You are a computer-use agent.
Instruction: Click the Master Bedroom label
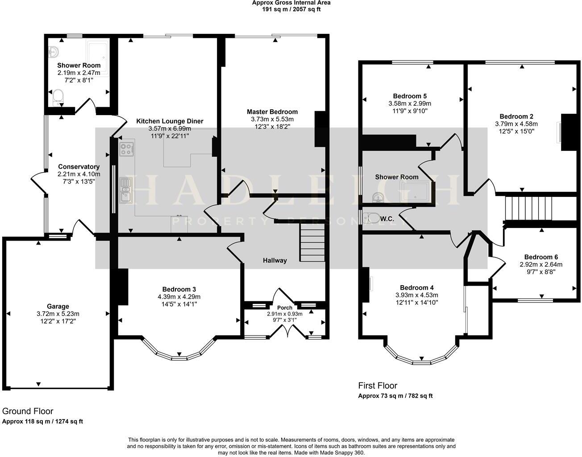(272, 112)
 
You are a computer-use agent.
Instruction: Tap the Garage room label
(58, 306)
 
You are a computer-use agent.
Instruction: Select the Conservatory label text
(72, 166)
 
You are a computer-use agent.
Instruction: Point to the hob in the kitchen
(127, 149)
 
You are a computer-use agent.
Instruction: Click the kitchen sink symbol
(125, 189)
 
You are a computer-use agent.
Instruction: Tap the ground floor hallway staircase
(312, 243)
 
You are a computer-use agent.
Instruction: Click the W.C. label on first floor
(387, 219)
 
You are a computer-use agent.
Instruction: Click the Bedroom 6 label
(541, 257)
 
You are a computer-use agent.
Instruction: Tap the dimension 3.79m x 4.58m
(516, 124)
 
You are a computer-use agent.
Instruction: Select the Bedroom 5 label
(410, 96)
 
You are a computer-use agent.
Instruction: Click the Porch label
(285, 307)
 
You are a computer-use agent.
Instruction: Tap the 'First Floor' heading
(378, 386)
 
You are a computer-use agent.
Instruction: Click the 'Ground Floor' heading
(28, 411)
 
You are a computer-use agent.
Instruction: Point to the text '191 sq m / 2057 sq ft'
(291, 9)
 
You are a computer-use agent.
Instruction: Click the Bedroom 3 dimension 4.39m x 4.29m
(179, 297)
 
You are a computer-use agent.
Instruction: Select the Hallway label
(274, 260)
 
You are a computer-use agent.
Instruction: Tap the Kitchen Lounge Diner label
(170, 121)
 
